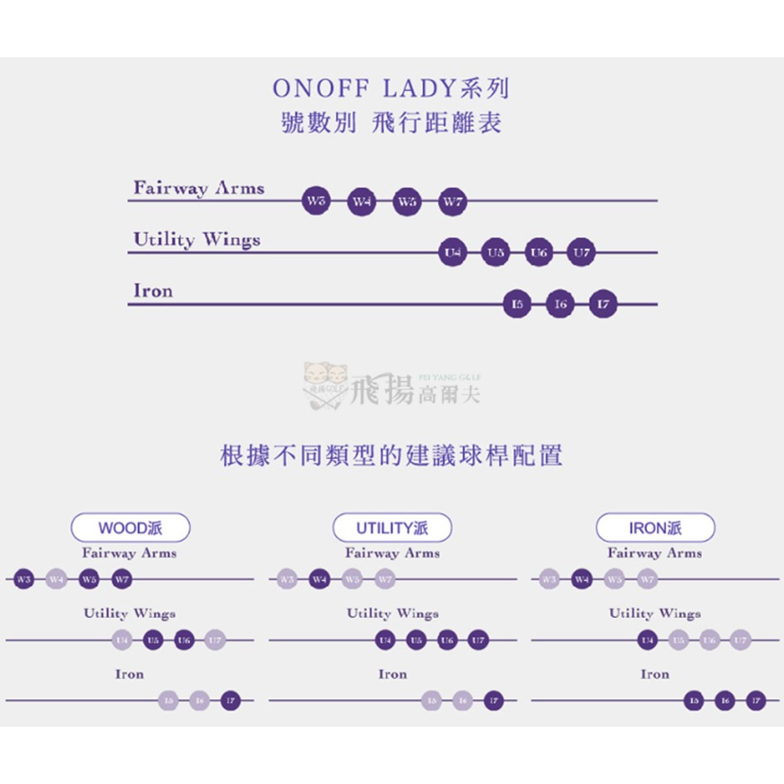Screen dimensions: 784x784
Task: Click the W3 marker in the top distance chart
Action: point(316,201)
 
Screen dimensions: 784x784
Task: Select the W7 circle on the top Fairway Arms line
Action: point(452,201)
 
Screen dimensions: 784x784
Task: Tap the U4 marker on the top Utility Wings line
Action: point(452,252)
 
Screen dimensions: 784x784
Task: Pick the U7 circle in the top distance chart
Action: point(581,252)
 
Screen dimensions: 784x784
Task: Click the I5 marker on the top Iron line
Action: point(517,304)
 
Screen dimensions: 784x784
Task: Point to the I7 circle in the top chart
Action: point(603,304)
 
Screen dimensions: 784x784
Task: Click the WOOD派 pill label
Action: point(130,528)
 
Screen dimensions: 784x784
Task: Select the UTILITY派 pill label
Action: point(392,528)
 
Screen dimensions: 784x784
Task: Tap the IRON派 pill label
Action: point(655,528)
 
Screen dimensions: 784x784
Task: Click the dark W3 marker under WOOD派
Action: point(24,579)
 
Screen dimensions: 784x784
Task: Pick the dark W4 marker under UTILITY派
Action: point(319,579)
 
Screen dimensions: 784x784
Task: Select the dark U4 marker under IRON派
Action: point(647,640)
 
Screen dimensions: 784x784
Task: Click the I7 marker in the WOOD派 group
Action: point(231,701)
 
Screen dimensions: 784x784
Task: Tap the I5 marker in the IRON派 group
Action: point(694,701)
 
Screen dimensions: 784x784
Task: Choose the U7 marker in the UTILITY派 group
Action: point(477,640)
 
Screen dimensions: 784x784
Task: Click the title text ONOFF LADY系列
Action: point(391,89)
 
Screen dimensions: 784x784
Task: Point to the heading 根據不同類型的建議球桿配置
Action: point(392,455)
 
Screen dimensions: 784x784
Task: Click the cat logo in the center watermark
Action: point(326,382)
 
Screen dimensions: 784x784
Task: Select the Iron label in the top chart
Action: point(153,291)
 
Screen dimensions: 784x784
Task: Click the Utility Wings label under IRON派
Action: point(655,614)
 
